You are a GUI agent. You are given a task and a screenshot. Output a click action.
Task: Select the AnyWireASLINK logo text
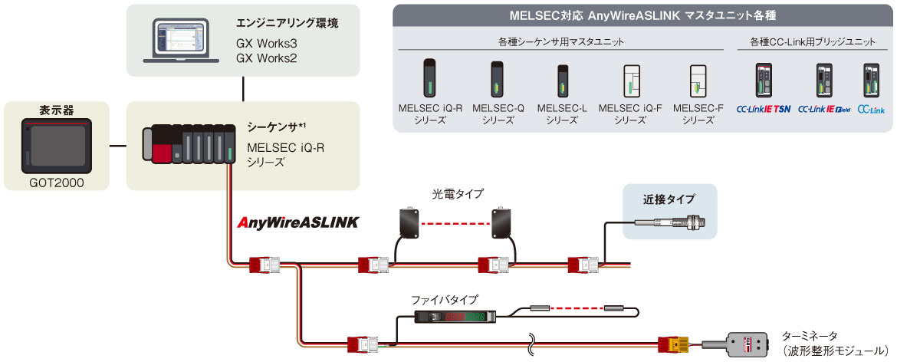(298, 223)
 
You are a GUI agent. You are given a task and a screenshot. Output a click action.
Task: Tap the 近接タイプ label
(669, 201)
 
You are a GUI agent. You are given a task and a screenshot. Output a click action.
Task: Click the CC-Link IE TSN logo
(763, 110)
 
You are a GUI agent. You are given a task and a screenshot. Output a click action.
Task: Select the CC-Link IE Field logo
(824, 110)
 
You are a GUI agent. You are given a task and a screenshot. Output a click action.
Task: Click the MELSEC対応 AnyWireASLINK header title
(642, 15)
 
